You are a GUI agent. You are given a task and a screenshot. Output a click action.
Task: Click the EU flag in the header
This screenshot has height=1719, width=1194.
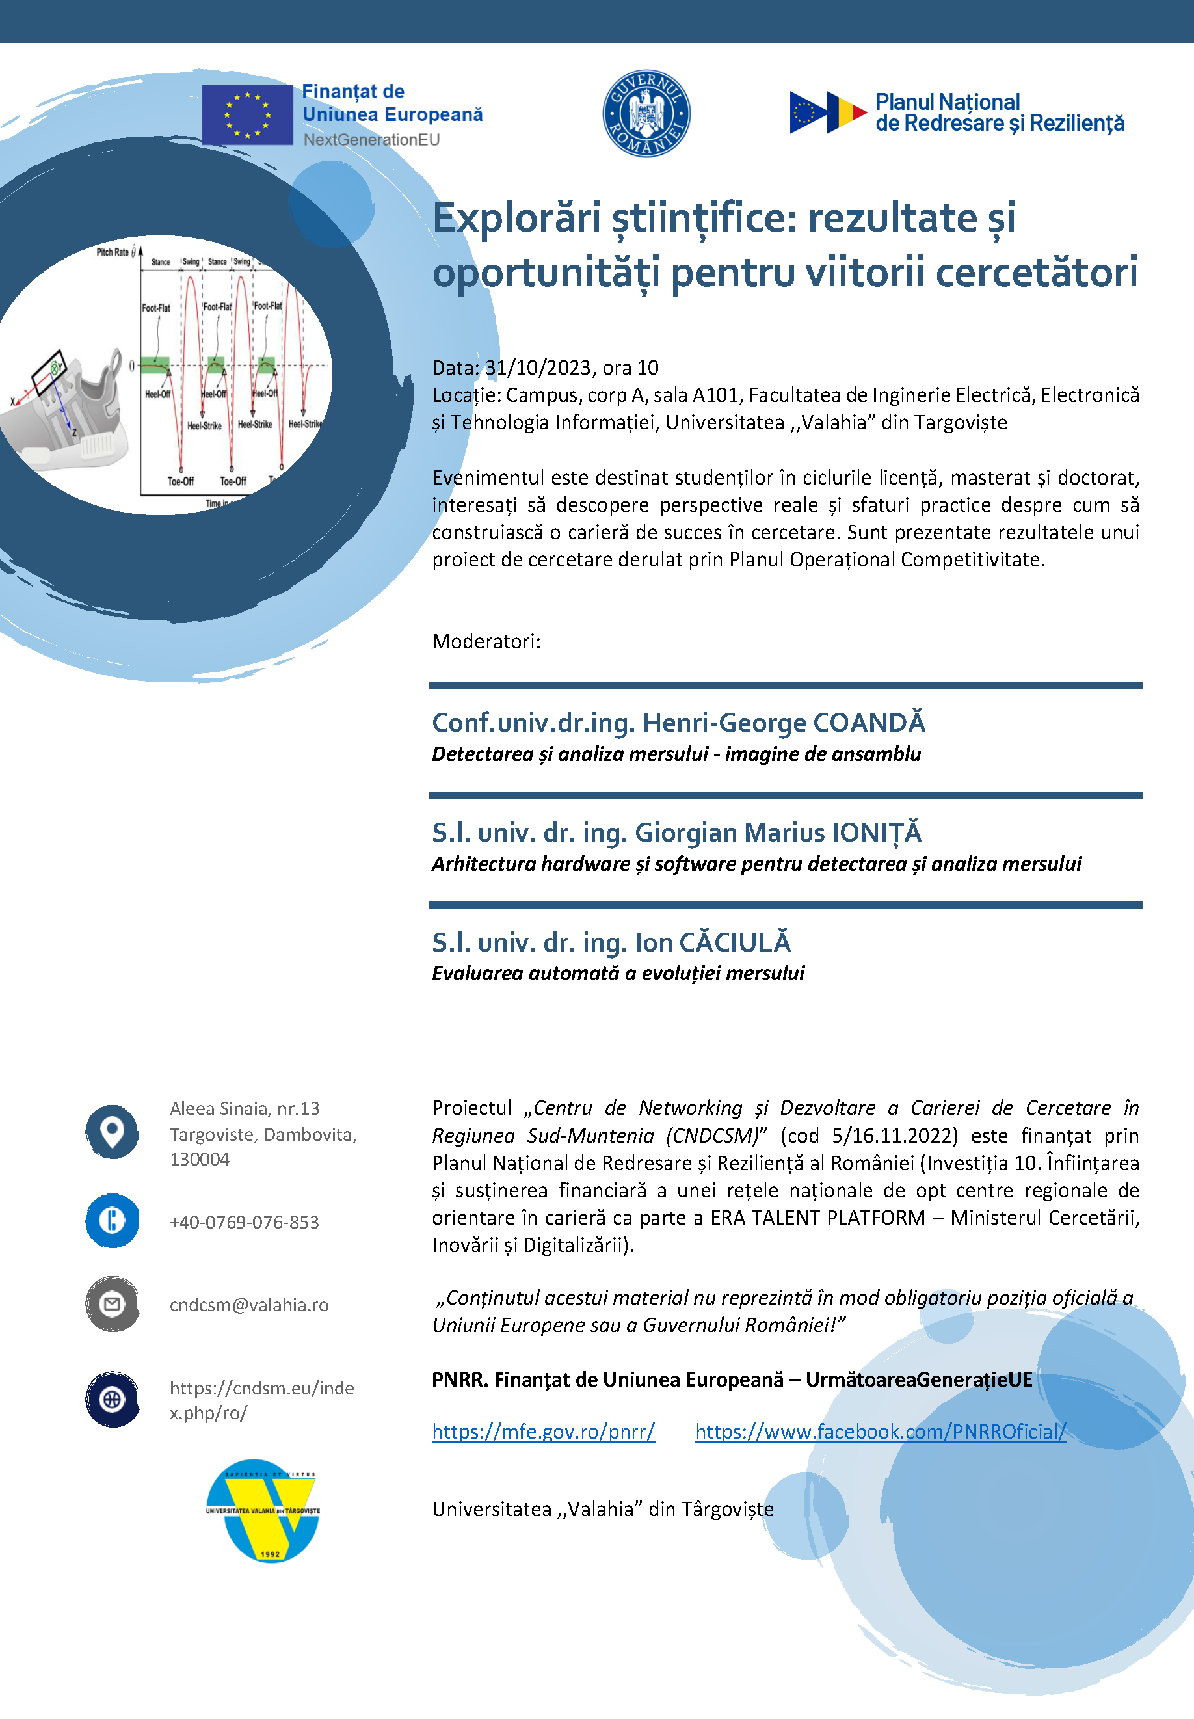point(247,114)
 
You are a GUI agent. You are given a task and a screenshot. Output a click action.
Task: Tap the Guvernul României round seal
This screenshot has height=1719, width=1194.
point(646,114)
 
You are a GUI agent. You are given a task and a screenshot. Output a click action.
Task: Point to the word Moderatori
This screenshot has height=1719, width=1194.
point(486,641)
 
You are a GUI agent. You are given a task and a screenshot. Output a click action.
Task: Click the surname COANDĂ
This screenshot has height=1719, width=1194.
point(869,723)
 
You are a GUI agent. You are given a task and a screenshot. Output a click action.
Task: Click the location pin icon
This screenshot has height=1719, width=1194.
point(113,1131)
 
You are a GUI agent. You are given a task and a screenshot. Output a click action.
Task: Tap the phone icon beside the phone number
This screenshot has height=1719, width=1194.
point(113,1221)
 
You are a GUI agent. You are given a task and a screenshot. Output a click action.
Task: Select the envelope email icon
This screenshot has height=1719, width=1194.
point(113,1304)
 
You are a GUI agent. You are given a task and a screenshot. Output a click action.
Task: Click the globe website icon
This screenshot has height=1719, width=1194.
point(113,1398)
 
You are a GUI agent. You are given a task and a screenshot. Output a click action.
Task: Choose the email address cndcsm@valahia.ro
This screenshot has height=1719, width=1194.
point(249,1305)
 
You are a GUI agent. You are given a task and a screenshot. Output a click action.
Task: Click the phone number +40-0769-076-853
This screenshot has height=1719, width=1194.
point(245,1222)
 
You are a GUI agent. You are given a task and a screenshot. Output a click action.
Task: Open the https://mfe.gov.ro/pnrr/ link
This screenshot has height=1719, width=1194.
point(543,1431)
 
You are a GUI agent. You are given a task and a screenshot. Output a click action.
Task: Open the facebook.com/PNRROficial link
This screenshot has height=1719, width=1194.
point(880,1431)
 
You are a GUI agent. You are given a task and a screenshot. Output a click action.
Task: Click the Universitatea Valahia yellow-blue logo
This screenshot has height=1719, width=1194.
point(263,1510)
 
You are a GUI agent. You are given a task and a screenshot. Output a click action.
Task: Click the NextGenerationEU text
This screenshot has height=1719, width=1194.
point(371,140)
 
